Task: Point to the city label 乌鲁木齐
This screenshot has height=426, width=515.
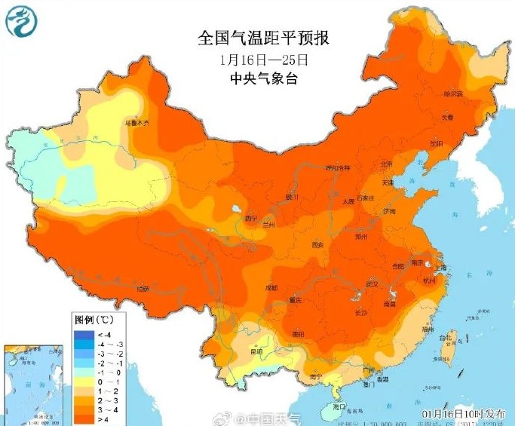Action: pos(137,122)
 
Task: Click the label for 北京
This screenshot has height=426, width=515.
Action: pos(386,164)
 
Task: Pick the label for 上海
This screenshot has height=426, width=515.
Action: pos(441,267)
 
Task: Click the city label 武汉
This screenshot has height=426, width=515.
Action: pos(370,283)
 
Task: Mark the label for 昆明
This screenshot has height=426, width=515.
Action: pos(256,351)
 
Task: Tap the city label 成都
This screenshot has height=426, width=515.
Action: pos(271,288)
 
